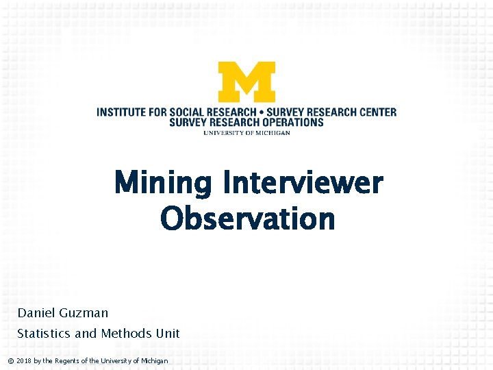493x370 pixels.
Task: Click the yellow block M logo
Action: [246, 82]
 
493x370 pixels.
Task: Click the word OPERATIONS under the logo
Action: [289, 122]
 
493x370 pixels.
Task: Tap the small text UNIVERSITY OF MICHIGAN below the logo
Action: [246, 133]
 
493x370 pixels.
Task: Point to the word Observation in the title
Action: [247, 219]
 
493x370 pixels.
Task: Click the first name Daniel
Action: [36, 313]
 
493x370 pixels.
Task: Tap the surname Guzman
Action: [84, 313]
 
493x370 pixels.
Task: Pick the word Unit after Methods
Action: [167, 334]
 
